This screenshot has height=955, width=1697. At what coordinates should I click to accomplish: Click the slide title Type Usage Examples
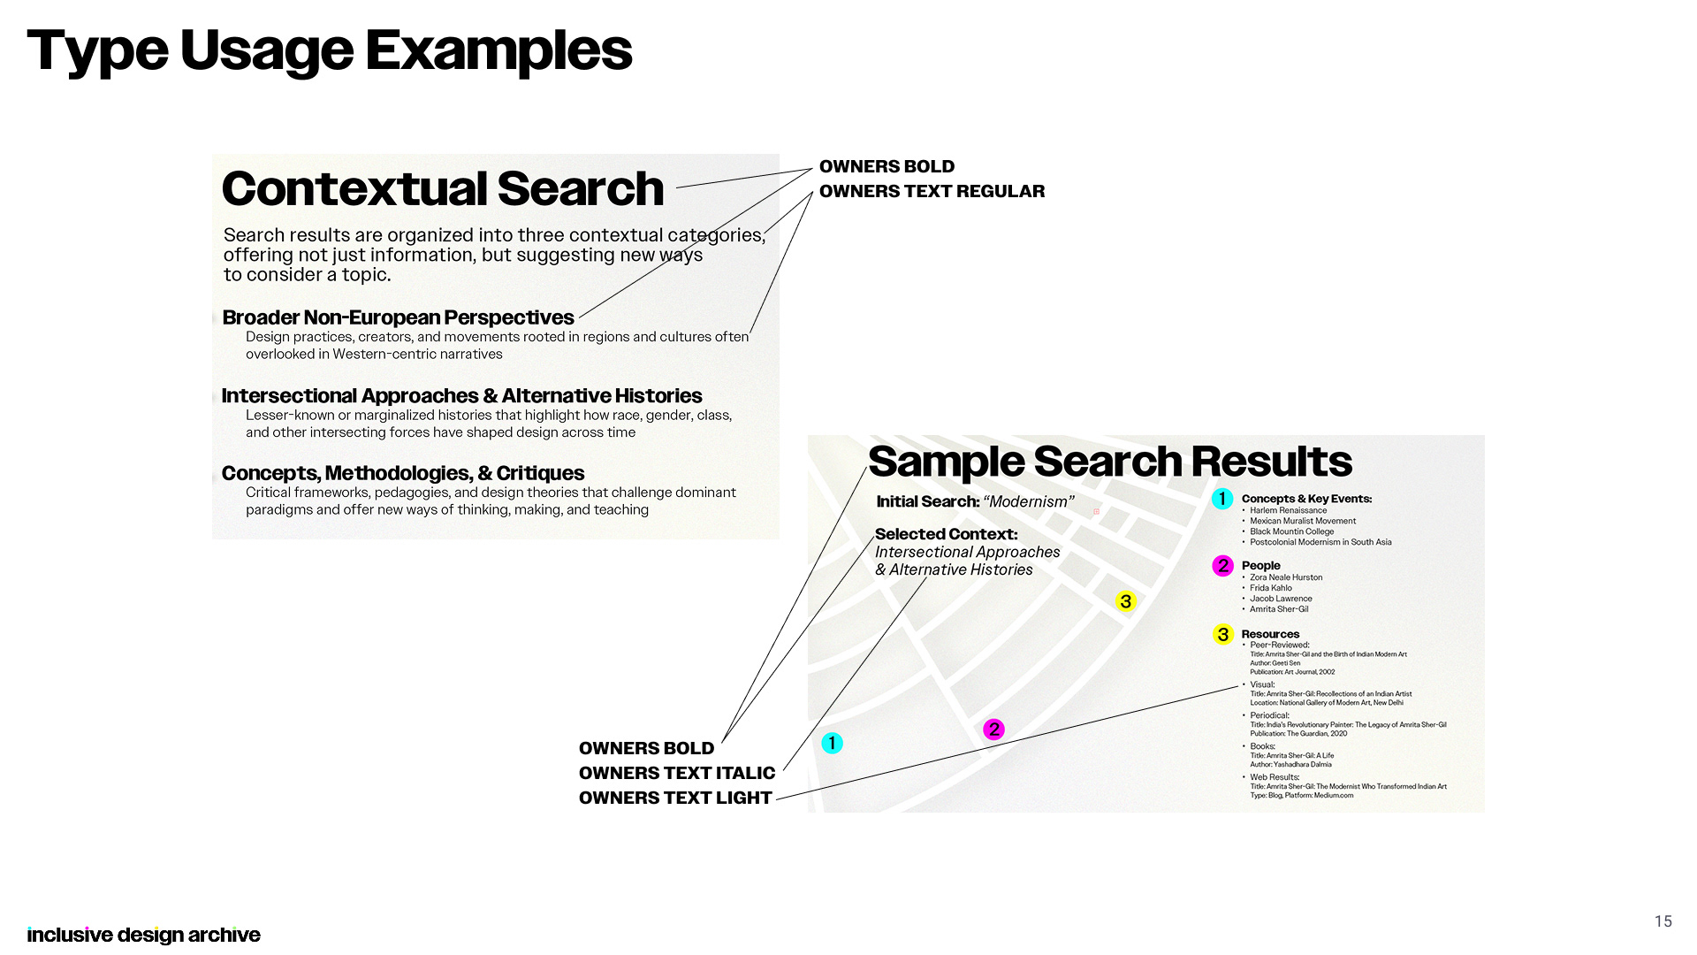330,50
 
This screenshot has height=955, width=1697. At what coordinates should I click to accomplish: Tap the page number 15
1663,921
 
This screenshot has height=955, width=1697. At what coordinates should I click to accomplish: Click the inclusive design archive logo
143,935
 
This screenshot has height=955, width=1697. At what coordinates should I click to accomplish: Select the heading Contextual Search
442,188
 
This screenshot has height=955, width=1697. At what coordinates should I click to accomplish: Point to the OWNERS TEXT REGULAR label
932,191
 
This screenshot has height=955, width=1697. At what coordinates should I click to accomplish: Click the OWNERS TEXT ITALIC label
676,773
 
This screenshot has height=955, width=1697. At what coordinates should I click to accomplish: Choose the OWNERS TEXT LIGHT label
675,798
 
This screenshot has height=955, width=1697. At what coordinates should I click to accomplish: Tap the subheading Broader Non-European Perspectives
398,317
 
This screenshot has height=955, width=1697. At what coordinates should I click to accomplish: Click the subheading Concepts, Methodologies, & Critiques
403,473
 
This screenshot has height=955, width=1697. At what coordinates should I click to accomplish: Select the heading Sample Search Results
1109,461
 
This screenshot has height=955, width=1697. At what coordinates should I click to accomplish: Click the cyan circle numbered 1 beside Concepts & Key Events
1222,499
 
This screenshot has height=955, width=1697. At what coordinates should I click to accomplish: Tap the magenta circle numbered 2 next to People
1222,566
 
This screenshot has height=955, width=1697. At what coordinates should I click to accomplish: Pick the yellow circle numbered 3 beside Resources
1222,634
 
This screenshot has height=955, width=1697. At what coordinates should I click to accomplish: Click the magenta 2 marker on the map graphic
994,730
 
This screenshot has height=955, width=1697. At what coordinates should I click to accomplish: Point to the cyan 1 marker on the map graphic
832,743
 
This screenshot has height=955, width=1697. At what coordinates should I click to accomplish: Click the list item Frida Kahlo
1270,588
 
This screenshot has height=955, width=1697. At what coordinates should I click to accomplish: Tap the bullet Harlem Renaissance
1288,510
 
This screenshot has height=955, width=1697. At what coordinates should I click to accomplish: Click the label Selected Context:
946,534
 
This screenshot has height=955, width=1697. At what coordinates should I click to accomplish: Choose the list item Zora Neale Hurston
1286,577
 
